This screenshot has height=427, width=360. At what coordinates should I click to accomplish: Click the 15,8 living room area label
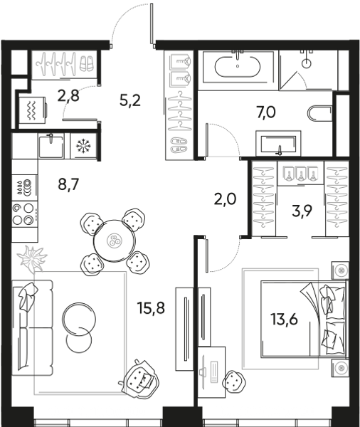[x=151, y=309]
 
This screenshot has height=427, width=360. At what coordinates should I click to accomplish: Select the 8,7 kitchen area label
[x=68, y=184]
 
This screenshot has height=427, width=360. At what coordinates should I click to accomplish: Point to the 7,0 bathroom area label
[x=266, y=112]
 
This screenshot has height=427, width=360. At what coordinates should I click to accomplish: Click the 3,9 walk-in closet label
[x=302, y=211]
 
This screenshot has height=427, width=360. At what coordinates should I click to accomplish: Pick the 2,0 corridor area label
[x=226, y=199]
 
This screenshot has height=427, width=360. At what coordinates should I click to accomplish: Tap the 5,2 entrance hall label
[x=130, y=100]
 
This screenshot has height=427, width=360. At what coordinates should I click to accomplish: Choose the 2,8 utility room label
[x=68, y=96]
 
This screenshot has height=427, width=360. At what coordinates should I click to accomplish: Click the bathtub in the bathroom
[x=238, y=67]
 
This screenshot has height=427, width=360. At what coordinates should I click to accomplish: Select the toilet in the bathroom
[x=319, y=114]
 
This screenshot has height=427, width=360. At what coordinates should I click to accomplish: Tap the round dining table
[x=115, y=241]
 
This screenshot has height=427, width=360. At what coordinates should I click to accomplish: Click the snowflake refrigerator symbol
[x=84, y=146]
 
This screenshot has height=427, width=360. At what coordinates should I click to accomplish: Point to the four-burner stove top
[x=24, y=215]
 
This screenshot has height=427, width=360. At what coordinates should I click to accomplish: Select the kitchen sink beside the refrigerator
[x=51, y=147]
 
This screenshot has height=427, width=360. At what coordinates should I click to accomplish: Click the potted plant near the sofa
[x=32, y=258]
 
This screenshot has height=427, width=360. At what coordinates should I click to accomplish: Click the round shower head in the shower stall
[x=307, y=63]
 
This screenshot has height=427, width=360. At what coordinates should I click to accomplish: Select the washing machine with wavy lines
[x=32, y=110]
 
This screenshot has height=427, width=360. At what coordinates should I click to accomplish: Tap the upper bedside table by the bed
[x=340, y=270]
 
